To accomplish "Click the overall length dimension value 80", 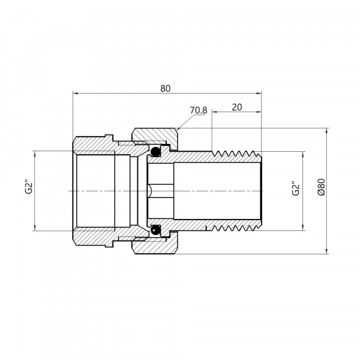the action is (x=166, y=88).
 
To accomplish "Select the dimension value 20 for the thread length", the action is (x=237, y=107).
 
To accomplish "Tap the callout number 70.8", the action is (x=199, y=110).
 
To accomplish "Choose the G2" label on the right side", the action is (x=296, y=189).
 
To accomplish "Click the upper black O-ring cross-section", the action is (x=155, y=151).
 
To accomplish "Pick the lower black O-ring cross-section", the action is (x=155, y=230).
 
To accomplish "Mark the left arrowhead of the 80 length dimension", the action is (x=76, y=93).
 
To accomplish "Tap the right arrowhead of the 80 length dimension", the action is (x=259, y=93).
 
